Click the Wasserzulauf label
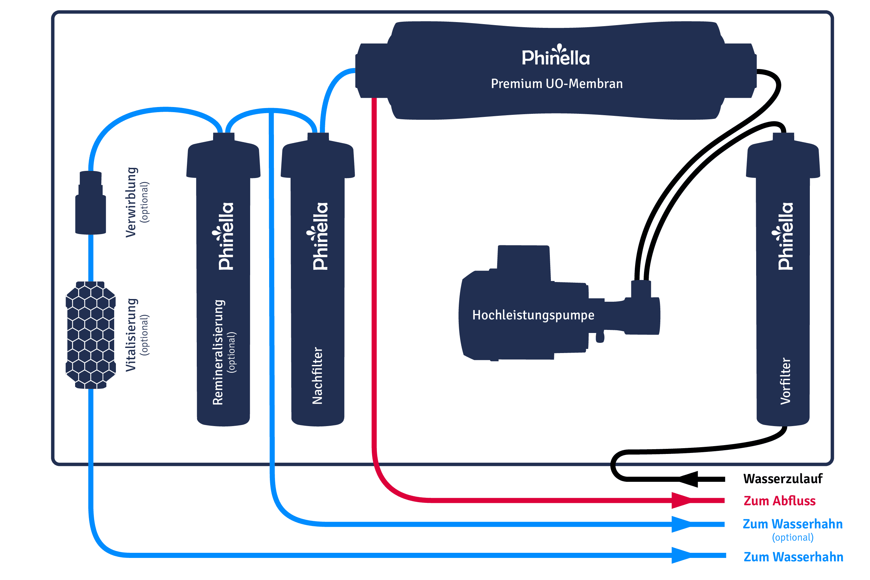click(783, 479)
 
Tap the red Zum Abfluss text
click(779, 500)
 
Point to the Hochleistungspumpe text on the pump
click(533, 315)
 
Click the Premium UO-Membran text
click(557, 84)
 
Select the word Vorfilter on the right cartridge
click(785, 381)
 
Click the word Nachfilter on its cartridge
click(317, 375)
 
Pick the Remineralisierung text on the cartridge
click(218, 352)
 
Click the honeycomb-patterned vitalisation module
click(91, 335)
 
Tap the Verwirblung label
click(131, 202)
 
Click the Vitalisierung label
click(131, 335)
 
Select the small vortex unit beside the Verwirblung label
click(91, 204)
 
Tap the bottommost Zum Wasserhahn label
click(793, 557)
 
